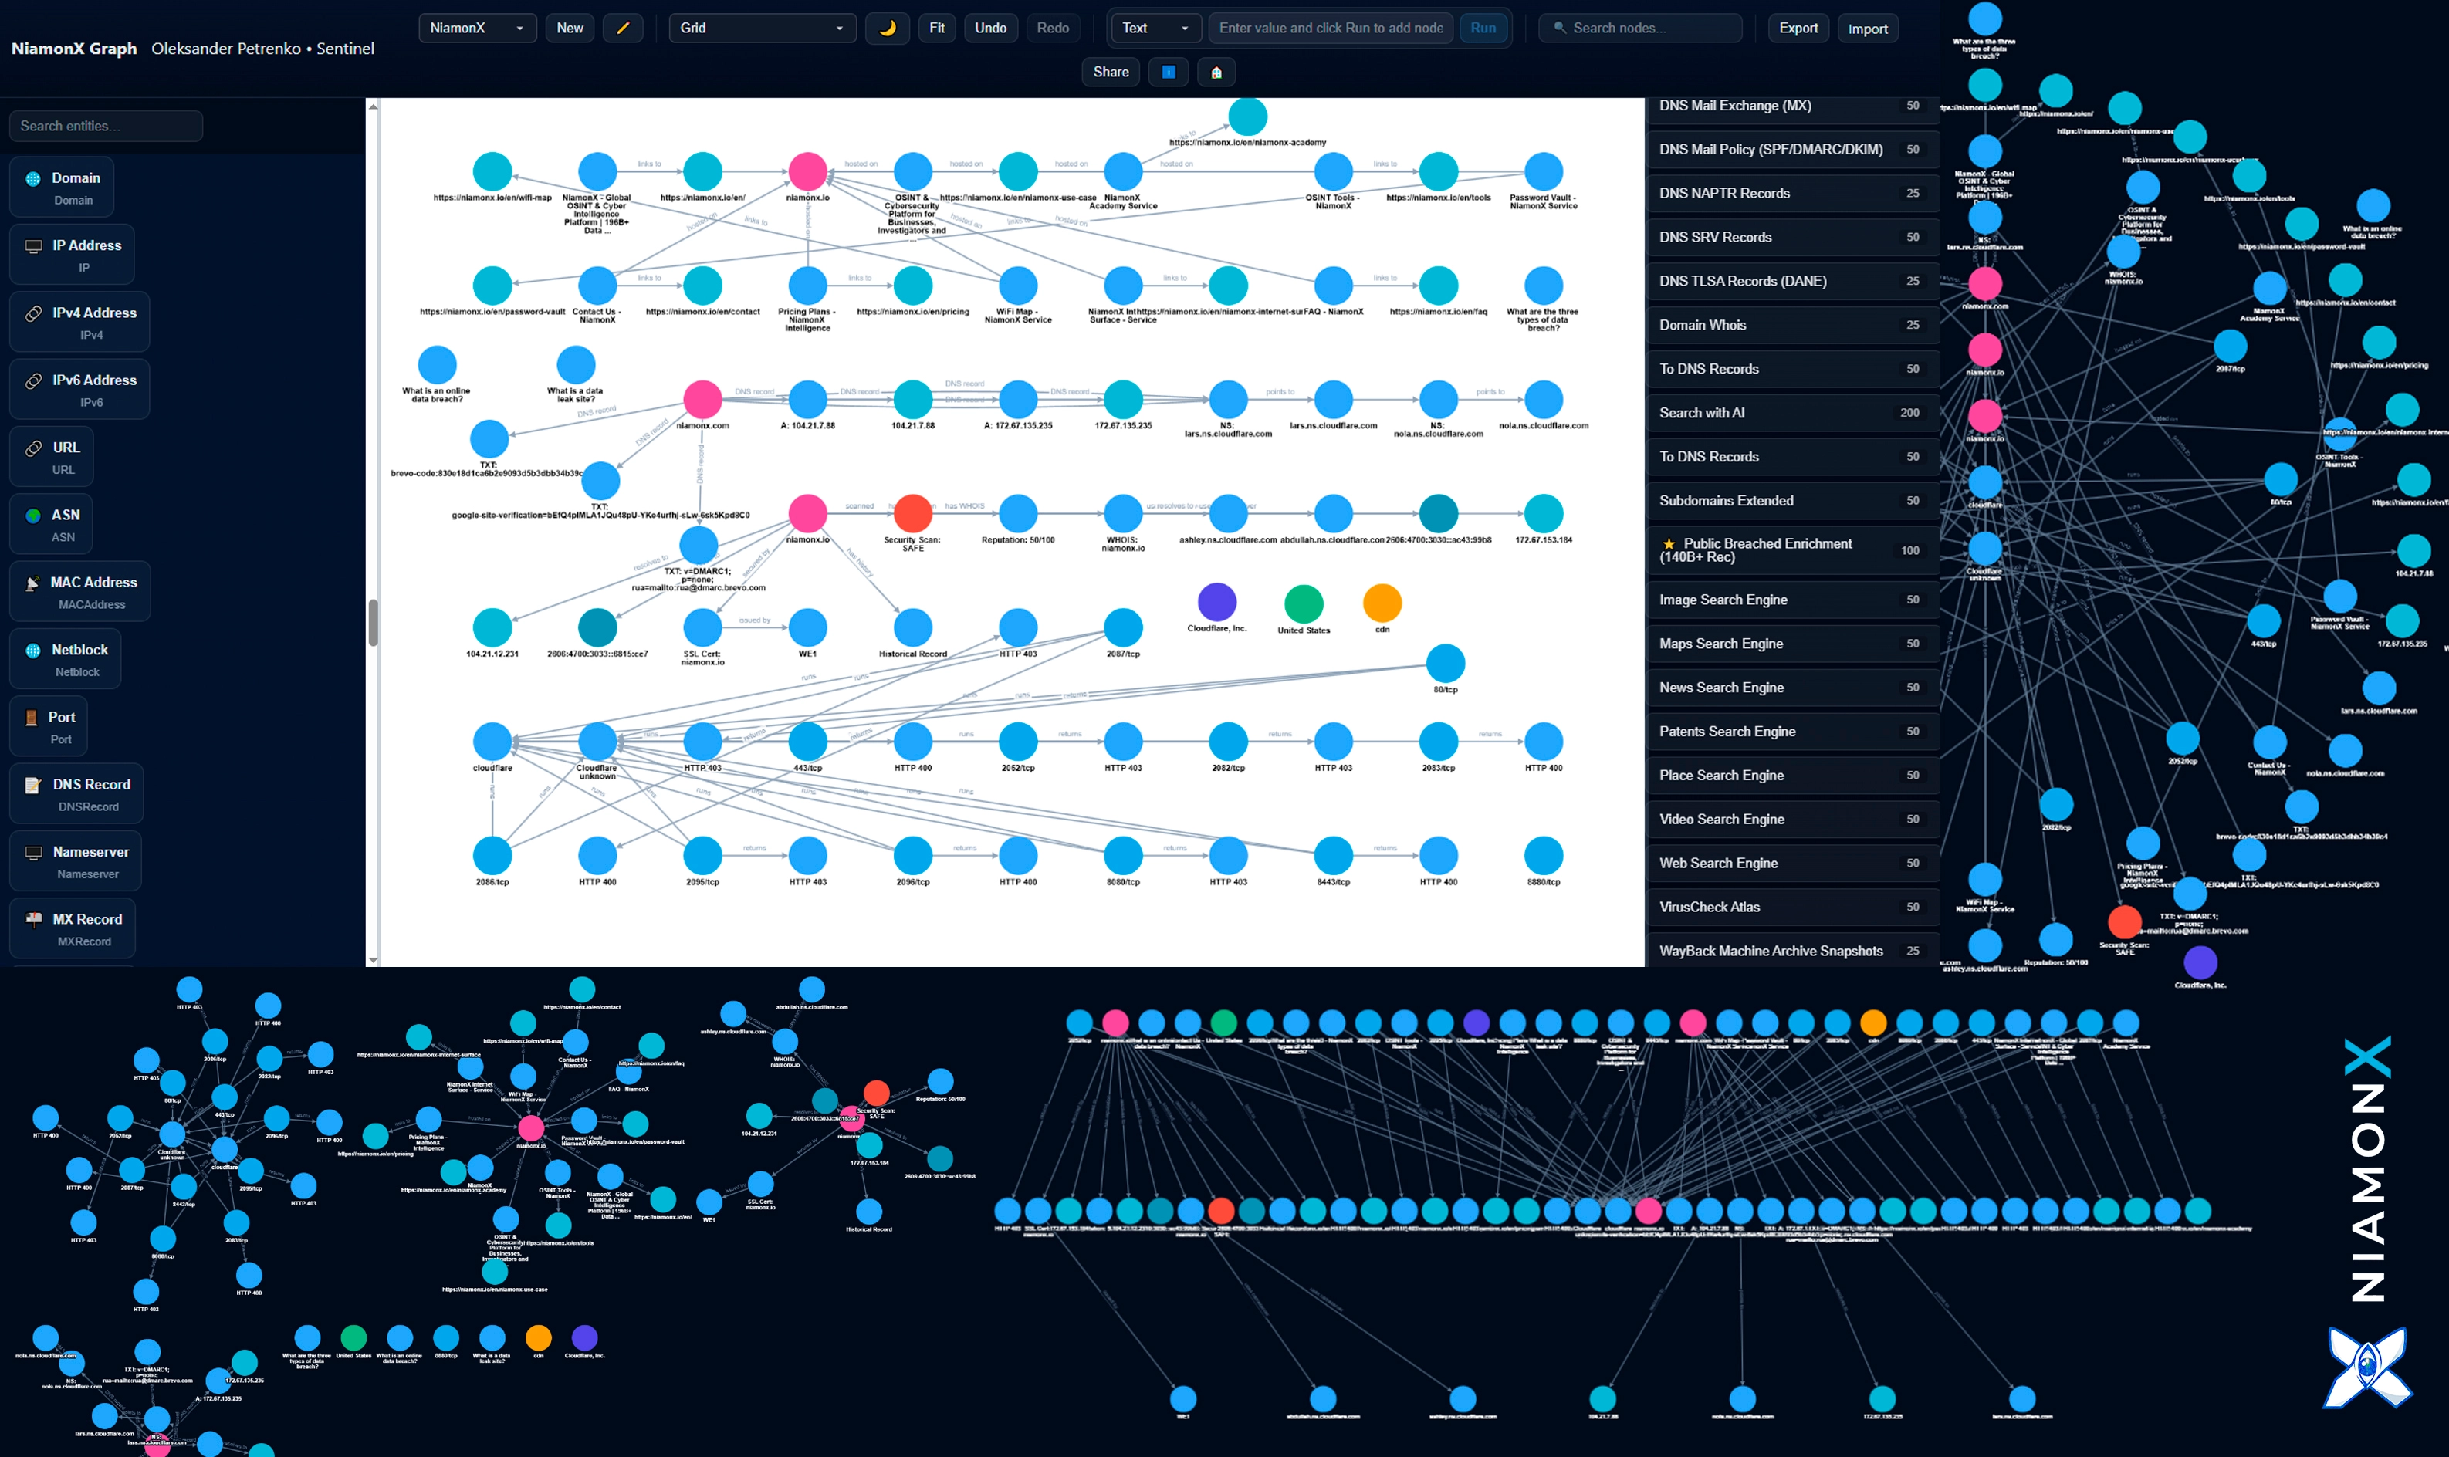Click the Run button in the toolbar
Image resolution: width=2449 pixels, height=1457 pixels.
[1483, 28]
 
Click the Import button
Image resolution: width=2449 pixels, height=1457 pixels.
[1867, 29]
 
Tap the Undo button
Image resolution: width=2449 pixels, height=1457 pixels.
[989, 28]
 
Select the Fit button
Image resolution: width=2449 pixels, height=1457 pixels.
[937, 28]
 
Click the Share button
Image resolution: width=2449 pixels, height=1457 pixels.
[1111, 72]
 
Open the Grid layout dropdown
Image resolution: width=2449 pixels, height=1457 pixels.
[761, 28]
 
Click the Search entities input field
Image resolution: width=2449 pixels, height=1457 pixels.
[106, 126]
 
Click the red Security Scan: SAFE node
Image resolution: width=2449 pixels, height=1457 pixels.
[912, 513]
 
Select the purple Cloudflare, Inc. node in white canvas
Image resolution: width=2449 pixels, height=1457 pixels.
[1216, 602]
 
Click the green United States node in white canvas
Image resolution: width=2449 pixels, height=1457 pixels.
[1303, 603]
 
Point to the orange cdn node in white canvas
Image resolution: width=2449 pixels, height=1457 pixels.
[1382, 602]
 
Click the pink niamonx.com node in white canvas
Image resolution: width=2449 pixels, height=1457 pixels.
[702, 399]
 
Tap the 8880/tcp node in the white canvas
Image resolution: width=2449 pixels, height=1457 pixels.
[1543, 855]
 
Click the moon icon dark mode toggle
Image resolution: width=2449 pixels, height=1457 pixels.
[887, 28]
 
